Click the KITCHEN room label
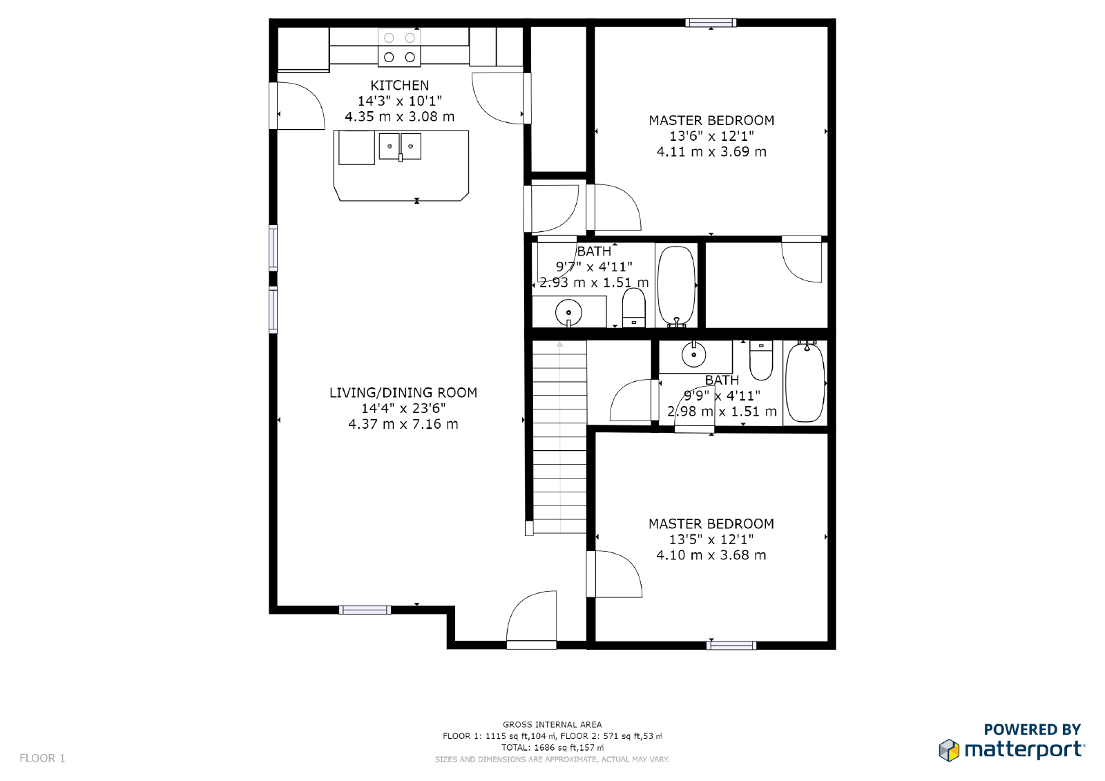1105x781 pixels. pos(399,86)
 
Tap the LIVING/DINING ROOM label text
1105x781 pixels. pos(403,393)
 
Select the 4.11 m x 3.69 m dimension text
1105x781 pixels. pos(711,152)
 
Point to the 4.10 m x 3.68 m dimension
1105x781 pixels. pos(711,555)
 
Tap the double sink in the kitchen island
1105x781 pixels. pos(400,147)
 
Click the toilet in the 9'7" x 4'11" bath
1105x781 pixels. pos(633,308)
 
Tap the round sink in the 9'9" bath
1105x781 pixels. pos(693,355)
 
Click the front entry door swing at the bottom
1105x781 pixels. pos(532,618)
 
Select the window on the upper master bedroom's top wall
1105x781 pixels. pos(711,23)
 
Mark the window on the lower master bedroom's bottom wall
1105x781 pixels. pos(731,646)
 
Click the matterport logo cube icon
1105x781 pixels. pos(949,750)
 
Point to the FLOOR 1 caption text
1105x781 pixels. pos(42,758)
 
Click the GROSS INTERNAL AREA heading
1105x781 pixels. pos(552,724)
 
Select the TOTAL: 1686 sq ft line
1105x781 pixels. pos(552,747)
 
